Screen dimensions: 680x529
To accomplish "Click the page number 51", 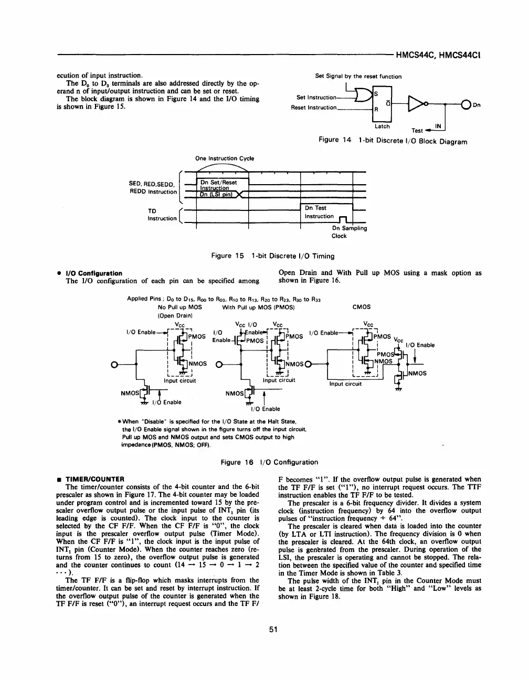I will point(273,645).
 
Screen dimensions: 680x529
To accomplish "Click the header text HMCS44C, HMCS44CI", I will point(438,54).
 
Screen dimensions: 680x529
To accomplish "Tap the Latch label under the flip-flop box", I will point(382,126).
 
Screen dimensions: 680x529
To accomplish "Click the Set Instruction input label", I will point(316,98).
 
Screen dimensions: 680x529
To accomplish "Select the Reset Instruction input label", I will point(314,108).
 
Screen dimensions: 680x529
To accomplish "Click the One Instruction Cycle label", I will point(224,158).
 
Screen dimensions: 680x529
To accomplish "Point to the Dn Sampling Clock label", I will point(349,232).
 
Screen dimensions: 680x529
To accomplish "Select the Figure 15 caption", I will point(272,256).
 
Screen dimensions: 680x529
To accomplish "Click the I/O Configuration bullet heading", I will point(93,273).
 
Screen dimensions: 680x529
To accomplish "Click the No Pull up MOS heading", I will point(179,307).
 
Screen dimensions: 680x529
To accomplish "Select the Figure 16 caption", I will point(270,462).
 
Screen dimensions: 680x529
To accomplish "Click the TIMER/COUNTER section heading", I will point(94,480).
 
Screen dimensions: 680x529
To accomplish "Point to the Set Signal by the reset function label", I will point(358,77).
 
